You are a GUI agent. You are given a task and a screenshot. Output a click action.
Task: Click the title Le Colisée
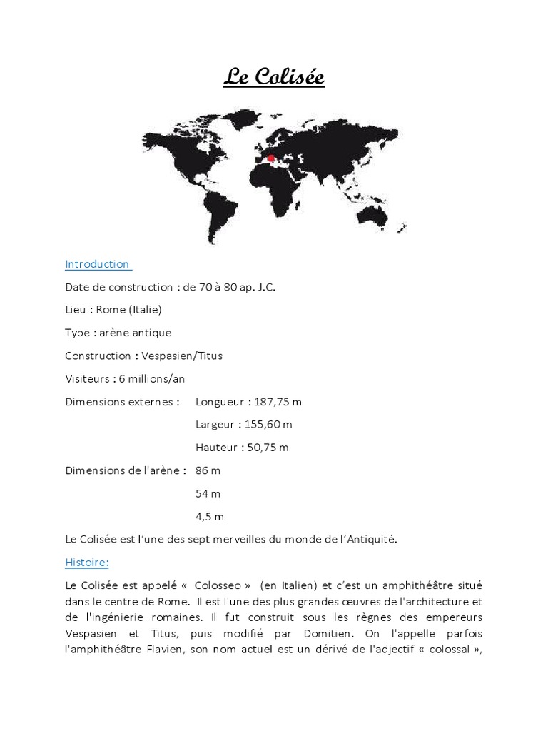274,76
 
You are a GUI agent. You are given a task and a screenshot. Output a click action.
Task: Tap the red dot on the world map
270,158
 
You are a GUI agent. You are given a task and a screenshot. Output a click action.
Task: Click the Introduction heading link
97,264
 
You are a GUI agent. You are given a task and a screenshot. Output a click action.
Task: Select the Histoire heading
86,563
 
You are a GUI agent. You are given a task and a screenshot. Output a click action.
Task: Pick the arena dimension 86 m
208,470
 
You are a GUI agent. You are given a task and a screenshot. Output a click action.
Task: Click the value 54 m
208,493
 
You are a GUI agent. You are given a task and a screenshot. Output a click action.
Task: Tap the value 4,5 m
210,516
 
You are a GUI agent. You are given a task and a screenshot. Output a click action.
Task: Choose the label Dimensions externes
122,402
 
